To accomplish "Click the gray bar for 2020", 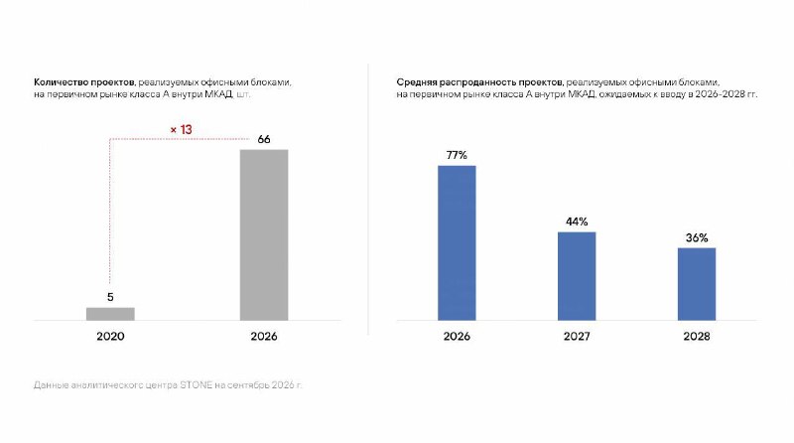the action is pos(110,314).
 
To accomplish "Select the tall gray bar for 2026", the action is pos(264,234).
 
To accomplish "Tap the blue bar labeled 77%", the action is pos(457,242).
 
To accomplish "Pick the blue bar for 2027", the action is pos(577,276).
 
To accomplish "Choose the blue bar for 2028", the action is pos(697,284).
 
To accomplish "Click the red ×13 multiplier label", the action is pos(182,130).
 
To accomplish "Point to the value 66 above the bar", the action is pos(264,139).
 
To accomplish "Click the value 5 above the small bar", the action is pos(110,297).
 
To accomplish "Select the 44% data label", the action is pos(577,221).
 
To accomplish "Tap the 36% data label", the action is pos(697,237).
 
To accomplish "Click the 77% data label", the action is pos(457,155).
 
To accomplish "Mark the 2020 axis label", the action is pos(110,336).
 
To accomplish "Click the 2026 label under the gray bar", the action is pos(264,336).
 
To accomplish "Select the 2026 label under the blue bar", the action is pos(457,336).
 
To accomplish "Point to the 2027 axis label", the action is pos(577,336).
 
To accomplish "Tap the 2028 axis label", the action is pos(697,336).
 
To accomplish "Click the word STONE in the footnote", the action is pos(196,384).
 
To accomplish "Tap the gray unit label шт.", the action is pos(243,94).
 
